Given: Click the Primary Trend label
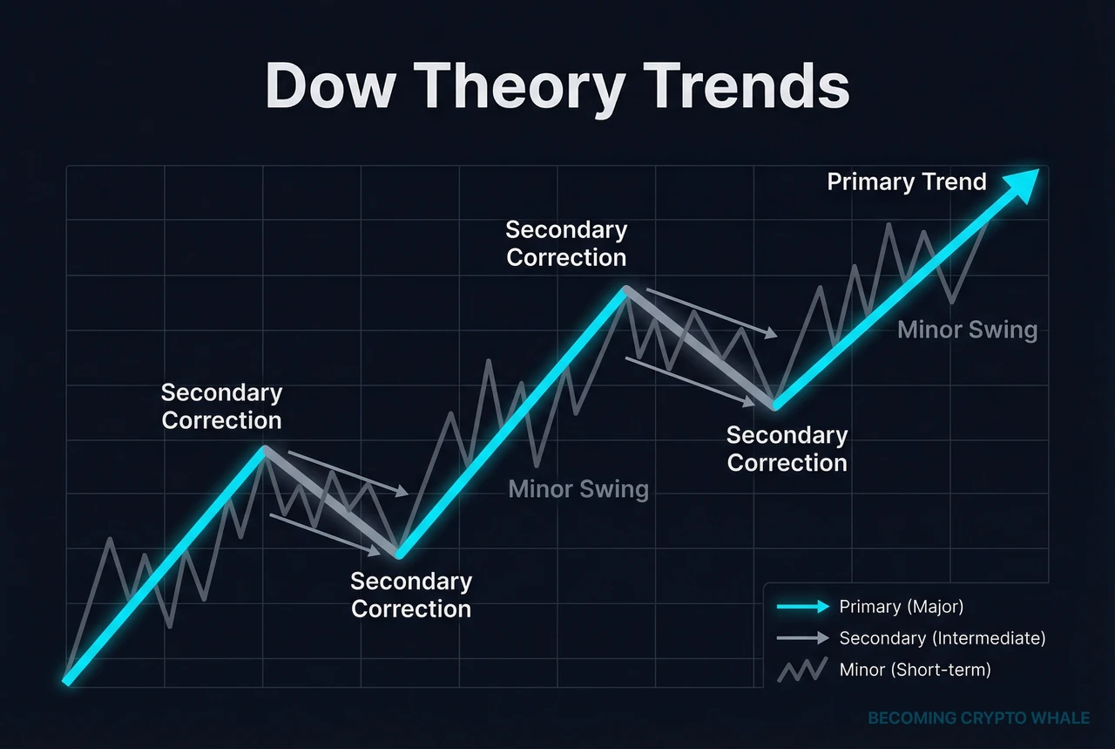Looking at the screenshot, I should (x=906, y=182).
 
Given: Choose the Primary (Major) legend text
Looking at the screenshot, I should (x=902, y=607).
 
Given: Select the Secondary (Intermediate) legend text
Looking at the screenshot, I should (x=942, y=638).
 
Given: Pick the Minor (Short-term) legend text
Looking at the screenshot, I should (x=915, y=670).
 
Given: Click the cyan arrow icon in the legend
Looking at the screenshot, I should (x=802, y=607).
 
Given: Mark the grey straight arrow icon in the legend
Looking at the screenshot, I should (x=802, y=638).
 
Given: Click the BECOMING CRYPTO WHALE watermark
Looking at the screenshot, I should (x=978, y=718).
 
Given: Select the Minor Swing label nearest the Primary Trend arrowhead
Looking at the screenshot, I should (x=967, y=330).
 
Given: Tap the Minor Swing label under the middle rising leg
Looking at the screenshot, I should (x=578, y=489).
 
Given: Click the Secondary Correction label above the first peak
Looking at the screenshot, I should (x=221, y=406).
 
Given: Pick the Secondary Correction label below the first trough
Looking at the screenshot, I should (x=411, y=595).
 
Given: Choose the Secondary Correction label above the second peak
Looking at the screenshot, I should (x=566, y=243).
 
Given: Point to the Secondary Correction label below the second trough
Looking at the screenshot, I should (x=787, y=448).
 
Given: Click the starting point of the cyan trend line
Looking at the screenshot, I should (x=66, y=680).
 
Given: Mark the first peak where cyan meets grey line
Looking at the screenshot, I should (x=264, y=449).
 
